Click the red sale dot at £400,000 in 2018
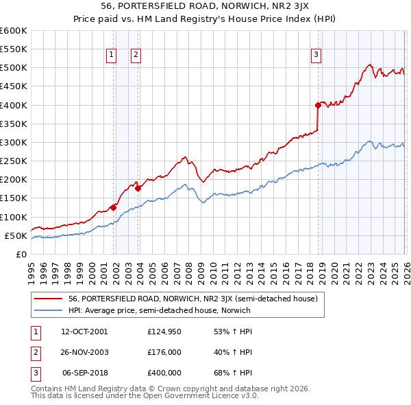[x=318, y=105]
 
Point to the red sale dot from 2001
[x=113, y=207]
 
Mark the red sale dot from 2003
[x=138, y=188]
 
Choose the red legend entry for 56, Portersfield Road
[x=192, y=299]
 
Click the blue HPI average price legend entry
[x=160, y=310]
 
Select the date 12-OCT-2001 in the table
[x=84, y=332]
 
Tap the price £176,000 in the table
[x=164, y=352]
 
